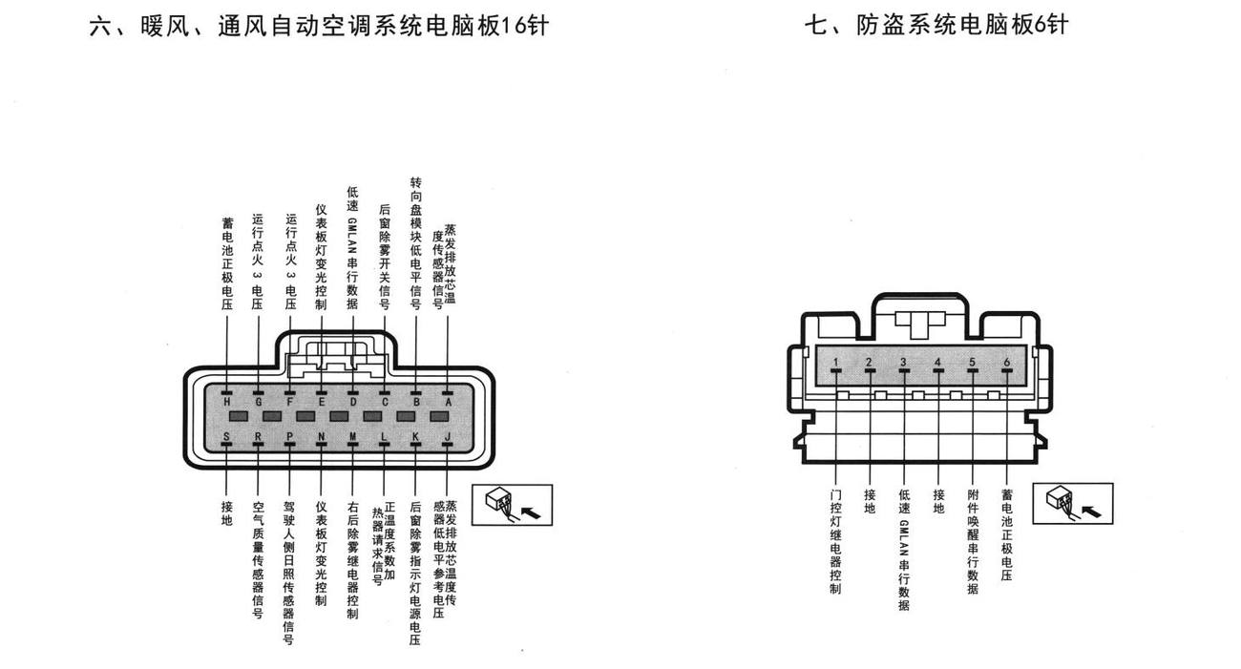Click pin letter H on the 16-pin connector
point(226,402)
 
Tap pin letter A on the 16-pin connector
point(449,402)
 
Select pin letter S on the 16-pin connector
point(226,436)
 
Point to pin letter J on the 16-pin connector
point(448,436)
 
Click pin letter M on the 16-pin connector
point(353,436)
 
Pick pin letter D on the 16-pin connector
point(353,402)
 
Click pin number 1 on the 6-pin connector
point(835,363)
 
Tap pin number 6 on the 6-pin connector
point(1007,363)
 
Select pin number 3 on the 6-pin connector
point(904,363)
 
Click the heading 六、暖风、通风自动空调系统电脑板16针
point(319,26)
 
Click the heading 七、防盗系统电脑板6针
point(936,25)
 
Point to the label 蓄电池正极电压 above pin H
point(227,263)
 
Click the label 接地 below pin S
point(226,513)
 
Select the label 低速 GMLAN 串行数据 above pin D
point(352,247)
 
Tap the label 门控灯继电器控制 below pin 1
point(835,542)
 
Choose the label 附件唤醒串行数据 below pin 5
point(973,542)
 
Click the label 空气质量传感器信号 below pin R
point(258,560)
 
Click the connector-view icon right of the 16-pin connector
point(512,505)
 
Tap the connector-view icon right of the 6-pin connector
point(1073,503)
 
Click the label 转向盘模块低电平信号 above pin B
point(416,243)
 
